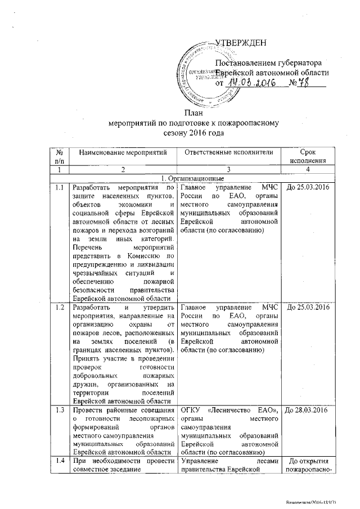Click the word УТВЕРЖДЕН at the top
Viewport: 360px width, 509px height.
pos(241,44)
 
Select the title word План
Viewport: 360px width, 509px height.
pos(195,112)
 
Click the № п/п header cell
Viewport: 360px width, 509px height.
pos(59,157)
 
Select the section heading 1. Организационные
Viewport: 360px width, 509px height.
pos(195,178)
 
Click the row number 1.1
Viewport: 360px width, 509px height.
pos(59,187)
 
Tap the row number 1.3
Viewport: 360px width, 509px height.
pos(59,409)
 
